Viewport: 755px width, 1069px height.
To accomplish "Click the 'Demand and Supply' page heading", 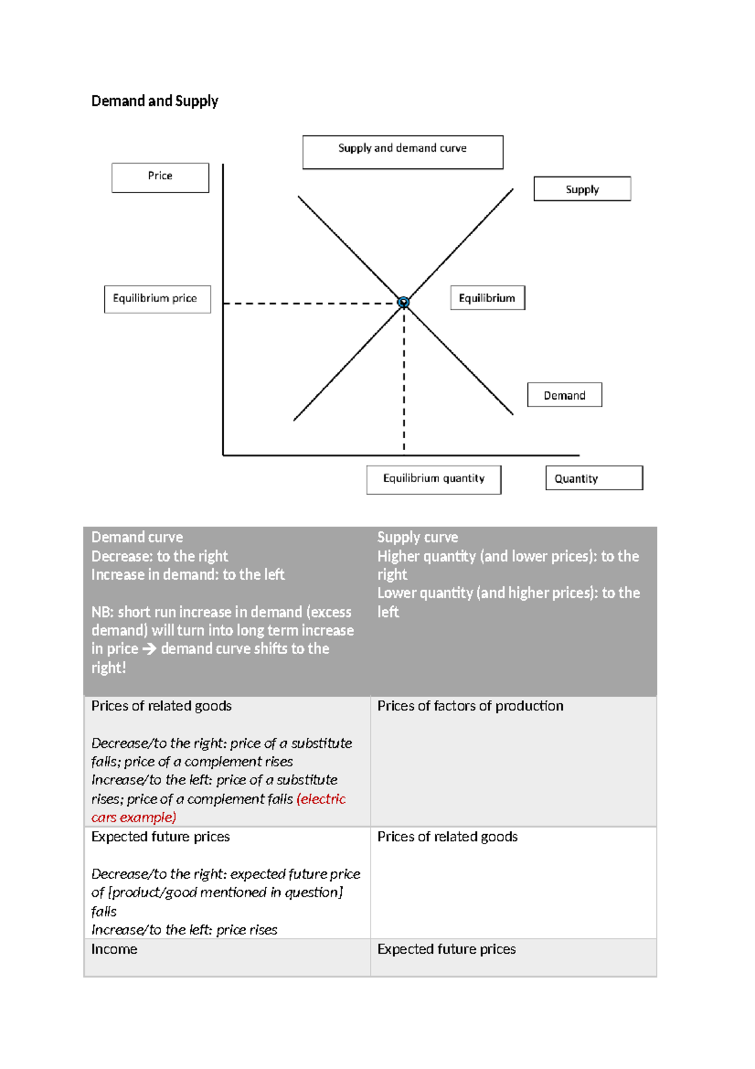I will (x=155, y=101).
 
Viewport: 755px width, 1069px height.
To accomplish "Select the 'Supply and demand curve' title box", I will (x=403, y=152).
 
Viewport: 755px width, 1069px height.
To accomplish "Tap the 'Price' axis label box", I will (x=160, y=178).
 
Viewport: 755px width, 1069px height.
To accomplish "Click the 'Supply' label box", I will (x=582, y=189).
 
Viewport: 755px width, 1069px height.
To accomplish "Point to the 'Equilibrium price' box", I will (x=157, y=299).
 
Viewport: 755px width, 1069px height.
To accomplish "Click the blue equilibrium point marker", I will (x=403, y=302).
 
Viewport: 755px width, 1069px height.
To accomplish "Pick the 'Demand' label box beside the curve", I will (x=564, y=395).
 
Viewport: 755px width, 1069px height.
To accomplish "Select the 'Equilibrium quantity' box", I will (x=433, y=480).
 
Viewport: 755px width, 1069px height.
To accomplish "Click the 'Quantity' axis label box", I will (x=594, y=478).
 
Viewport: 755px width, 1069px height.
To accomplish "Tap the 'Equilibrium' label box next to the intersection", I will (x=488, y=298).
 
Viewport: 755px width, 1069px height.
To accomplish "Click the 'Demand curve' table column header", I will (x=137, y=537).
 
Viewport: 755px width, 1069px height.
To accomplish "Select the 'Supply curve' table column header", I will (x=418, y=537).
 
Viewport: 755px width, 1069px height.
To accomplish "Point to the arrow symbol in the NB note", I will (x=149, y=649).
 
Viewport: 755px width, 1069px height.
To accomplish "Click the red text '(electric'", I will (x=321, y=799).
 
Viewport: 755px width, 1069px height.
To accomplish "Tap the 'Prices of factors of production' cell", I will (x=470, y=706).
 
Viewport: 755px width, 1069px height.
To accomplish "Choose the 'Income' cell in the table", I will (x=115, y=949).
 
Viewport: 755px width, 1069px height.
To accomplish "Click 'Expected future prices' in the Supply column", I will (x=447, y=949).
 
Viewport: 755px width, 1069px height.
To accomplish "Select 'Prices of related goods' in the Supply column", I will (x=447, y=837).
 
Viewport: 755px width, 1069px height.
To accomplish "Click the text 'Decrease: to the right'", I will (x=160, y=556).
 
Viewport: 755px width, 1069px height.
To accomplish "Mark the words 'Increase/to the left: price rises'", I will (x=184, y=930).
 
